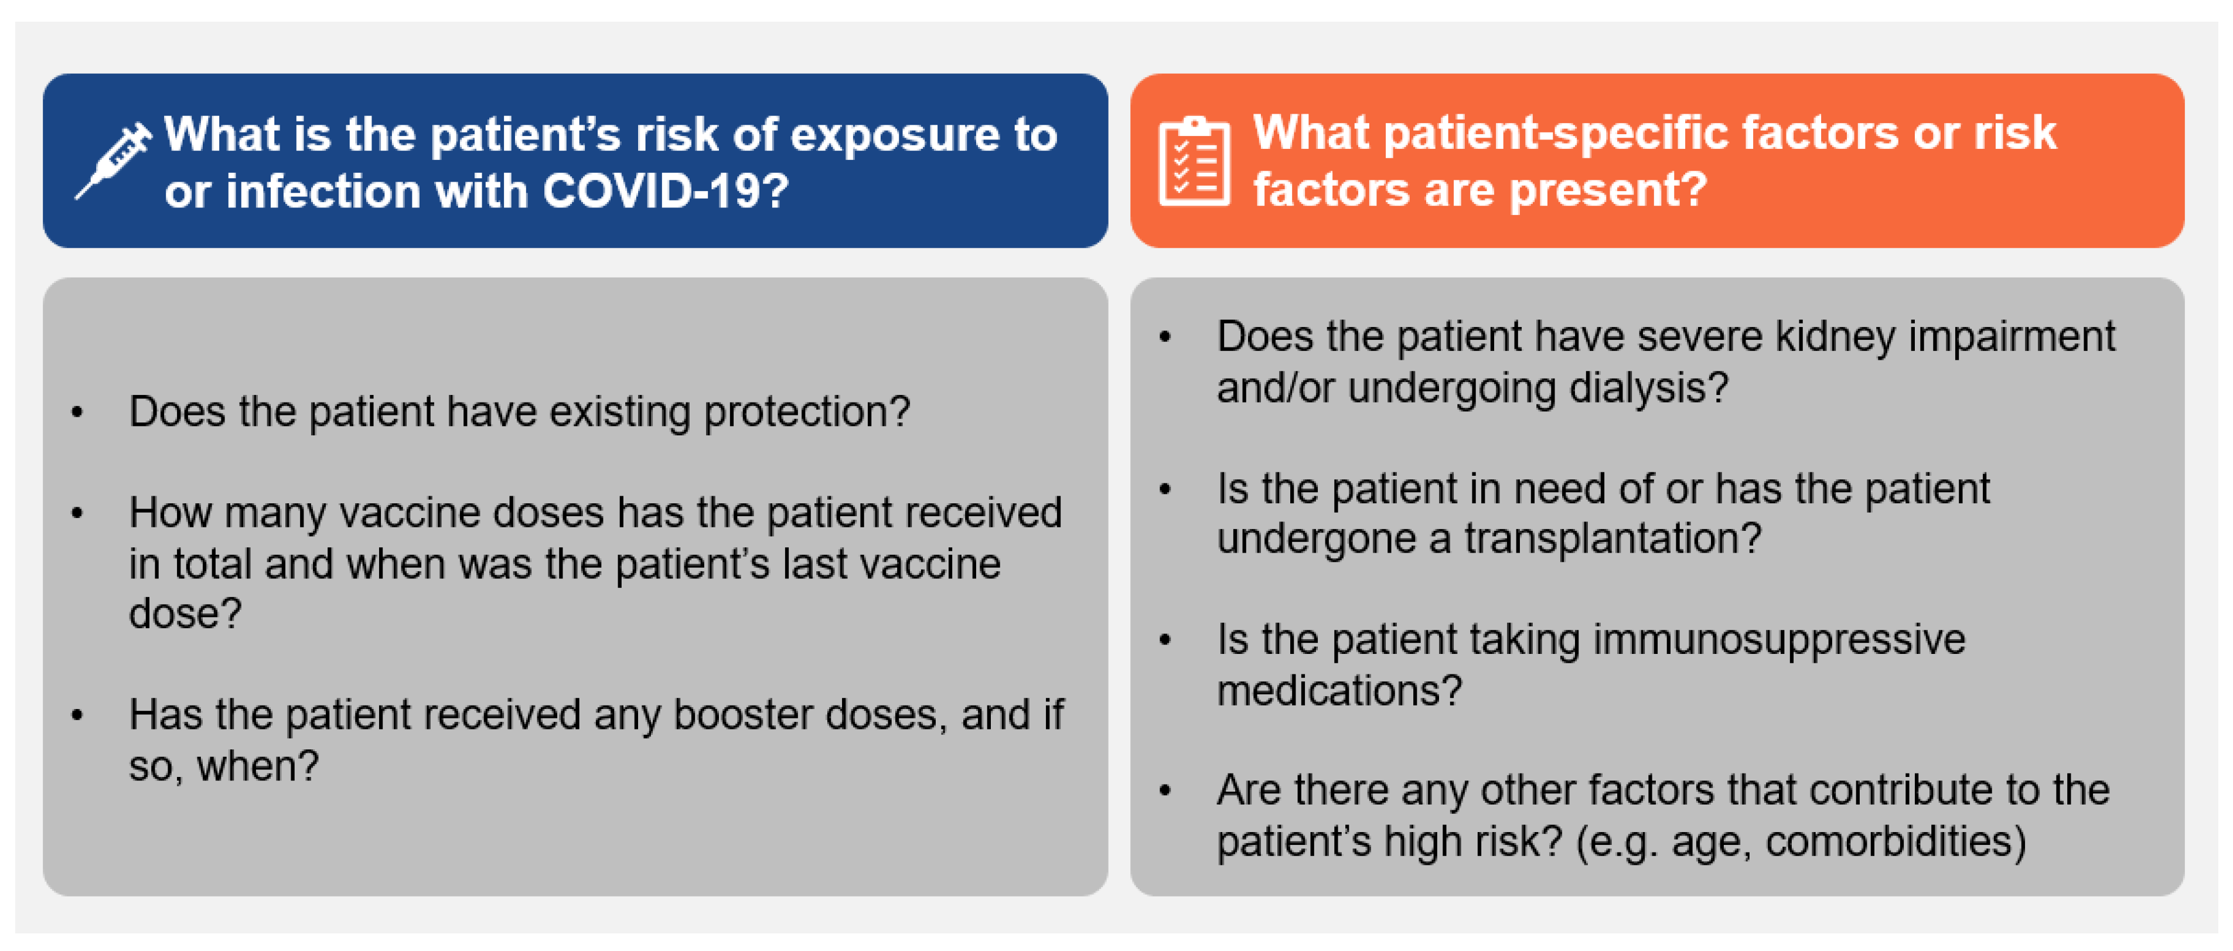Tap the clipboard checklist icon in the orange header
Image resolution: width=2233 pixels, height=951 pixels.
1195,161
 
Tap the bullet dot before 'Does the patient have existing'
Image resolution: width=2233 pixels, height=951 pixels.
77,413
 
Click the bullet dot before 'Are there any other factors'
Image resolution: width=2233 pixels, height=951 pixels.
1165,790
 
